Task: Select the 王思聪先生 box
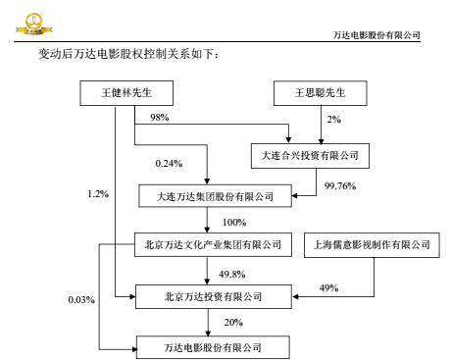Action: pyautogui.click(x=316, y=94)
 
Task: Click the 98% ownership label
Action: pyautogui.click(x=160, y=118)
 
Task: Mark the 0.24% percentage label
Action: pyautogui.click(x=170, y=163)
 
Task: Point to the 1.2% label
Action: pyautogui.click(x=98, y=193)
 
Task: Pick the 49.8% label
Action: pyautogui.click(x=233, y=273)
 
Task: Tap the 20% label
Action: pyautogui.click(x=231, y=321)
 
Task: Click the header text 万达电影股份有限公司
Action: pyautogui.click(x=377, y=35)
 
